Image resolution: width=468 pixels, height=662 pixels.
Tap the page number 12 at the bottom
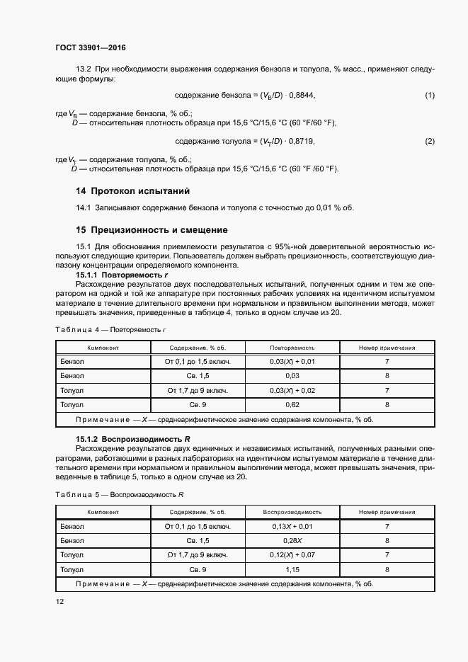59,602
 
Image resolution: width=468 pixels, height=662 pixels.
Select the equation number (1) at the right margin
429,95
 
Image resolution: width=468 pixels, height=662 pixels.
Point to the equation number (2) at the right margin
429,142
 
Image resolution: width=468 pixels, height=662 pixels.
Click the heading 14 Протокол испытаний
132,191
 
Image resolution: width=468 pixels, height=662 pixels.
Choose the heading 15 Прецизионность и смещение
152,230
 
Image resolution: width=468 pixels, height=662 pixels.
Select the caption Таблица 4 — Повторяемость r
110,330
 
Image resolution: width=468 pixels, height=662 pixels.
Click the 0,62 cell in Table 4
292,404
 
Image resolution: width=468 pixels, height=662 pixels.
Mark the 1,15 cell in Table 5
292,569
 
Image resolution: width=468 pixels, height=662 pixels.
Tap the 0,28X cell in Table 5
292,541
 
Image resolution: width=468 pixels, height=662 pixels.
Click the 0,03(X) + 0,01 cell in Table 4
292,362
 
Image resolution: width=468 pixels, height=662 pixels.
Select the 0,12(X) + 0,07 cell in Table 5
292,555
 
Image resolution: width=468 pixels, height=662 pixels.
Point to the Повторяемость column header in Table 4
292,348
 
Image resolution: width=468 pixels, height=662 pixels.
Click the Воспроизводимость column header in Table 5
292,511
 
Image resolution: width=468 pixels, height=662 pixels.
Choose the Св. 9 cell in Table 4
198,404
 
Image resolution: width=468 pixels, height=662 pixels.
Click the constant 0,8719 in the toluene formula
299,142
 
